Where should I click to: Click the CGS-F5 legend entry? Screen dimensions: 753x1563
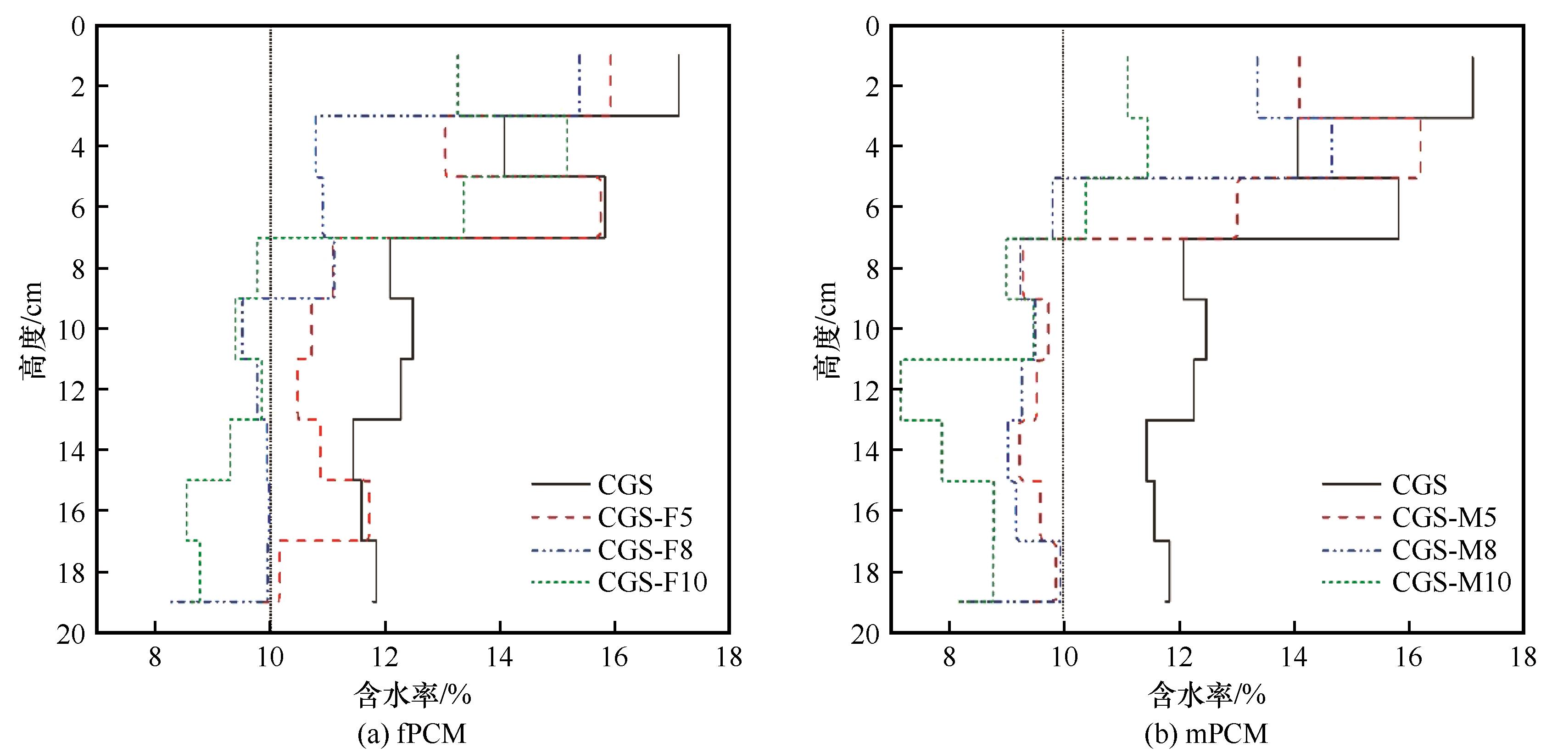(x=644, y=517)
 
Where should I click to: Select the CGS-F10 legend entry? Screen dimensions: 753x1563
(x=652, y=582)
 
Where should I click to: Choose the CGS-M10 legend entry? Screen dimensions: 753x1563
(x=1451, y=582)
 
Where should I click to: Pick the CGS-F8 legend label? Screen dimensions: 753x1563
(x=644, y=550)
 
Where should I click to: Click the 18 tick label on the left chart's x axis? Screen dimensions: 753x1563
(x=729, y=658)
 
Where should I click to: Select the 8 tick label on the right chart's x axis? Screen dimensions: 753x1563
(x=949, y=658)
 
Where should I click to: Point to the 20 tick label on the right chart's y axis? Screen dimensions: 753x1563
(x=865, y=635)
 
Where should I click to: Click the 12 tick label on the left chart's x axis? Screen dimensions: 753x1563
(x=385, y=658)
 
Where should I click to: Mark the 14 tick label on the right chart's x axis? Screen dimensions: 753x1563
(x=1294, y=658)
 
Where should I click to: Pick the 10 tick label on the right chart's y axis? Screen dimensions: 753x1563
(x=865, y=329)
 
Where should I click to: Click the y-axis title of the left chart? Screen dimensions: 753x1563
(x=32, y=331)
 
